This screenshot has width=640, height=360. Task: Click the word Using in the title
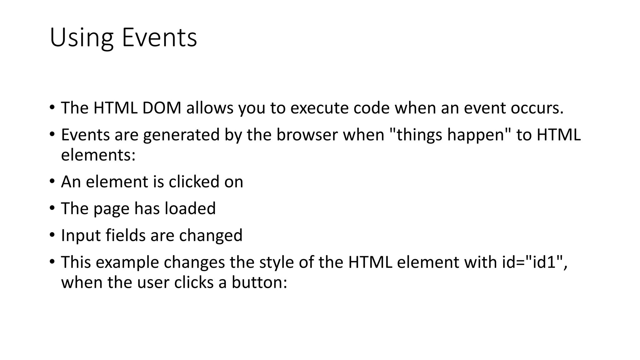click(x=81, y=38)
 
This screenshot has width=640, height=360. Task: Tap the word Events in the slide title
click(x=159, y=37)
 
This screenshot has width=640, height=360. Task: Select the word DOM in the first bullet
click(x=162, y=108)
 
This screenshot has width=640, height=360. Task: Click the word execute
click(x=319, y=108)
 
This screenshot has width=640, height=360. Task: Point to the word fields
click(x=125, y=235)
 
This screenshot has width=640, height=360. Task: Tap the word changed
click(x=211, y=236)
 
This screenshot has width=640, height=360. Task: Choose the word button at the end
click(x=259, y=282)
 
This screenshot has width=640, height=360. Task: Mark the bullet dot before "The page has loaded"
click(x=52, y=208)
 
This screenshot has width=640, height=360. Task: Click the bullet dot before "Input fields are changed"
click(x=52, y=235)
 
